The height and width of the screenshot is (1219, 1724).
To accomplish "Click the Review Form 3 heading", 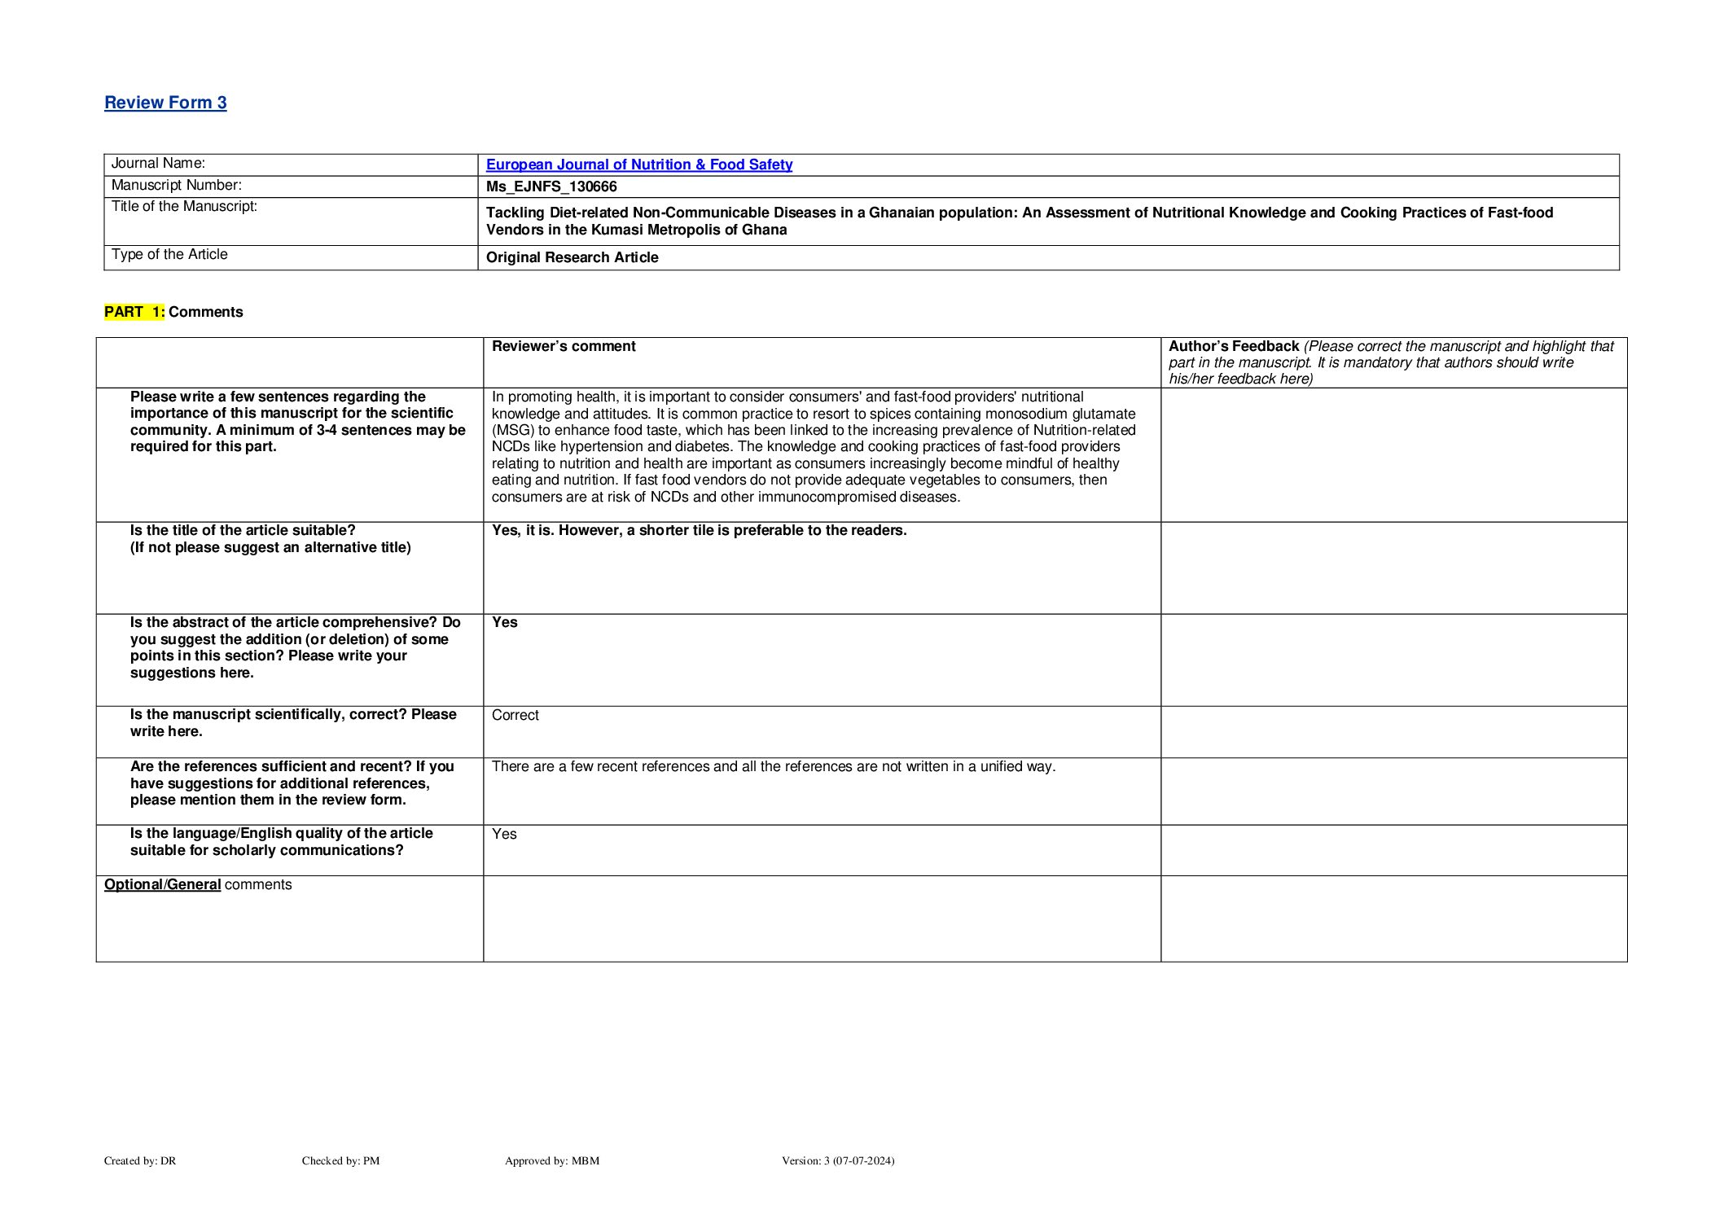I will [165, 103].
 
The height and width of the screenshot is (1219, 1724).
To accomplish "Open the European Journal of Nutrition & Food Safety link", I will [638, 164].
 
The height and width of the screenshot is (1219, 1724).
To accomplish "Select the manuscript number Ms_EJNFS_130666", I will [551, 186].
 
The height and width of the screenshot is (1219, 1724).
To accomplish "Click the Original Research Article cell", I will [572, 257].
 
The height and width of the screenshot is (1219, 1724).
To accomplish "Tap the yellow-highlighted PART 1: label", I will [134, 312].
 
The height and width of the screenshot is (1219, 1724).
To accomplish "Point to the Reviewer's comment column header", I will [564, 346].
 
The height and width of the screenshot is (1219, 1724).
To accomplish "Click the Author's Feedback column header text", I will [1233, 346].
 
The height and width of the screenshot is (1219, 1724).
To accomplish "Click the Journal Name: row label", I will [158, 164].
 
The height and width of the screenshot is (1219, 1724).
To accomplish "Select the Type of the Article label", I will [169, 255].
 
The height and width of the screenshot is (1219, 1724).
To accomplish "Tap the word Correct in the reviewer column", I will [515, 715].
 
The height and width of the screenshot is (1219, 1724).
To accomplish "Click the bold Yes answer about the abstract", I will [504, 622].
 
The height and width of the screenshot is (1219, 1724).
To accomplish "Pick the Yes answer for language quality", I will [504, 834].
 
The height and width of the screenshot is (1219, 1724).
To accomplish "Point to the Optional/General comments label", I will [197, 884].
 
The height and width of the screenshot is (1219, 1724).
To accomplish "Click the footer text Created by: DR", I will [140, 1160].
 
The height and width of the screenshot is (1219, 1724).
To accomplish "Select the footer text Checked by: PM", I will [340, 1160].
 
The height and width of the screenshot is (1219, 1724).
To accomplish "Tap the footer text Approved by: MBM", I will [552, 1160].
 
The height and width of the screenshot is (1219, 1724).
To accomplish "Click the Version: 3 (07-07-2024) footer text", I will [838, 1160].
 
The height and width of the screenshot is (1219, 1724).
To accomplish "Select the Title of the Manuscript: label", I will [184, 207].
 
